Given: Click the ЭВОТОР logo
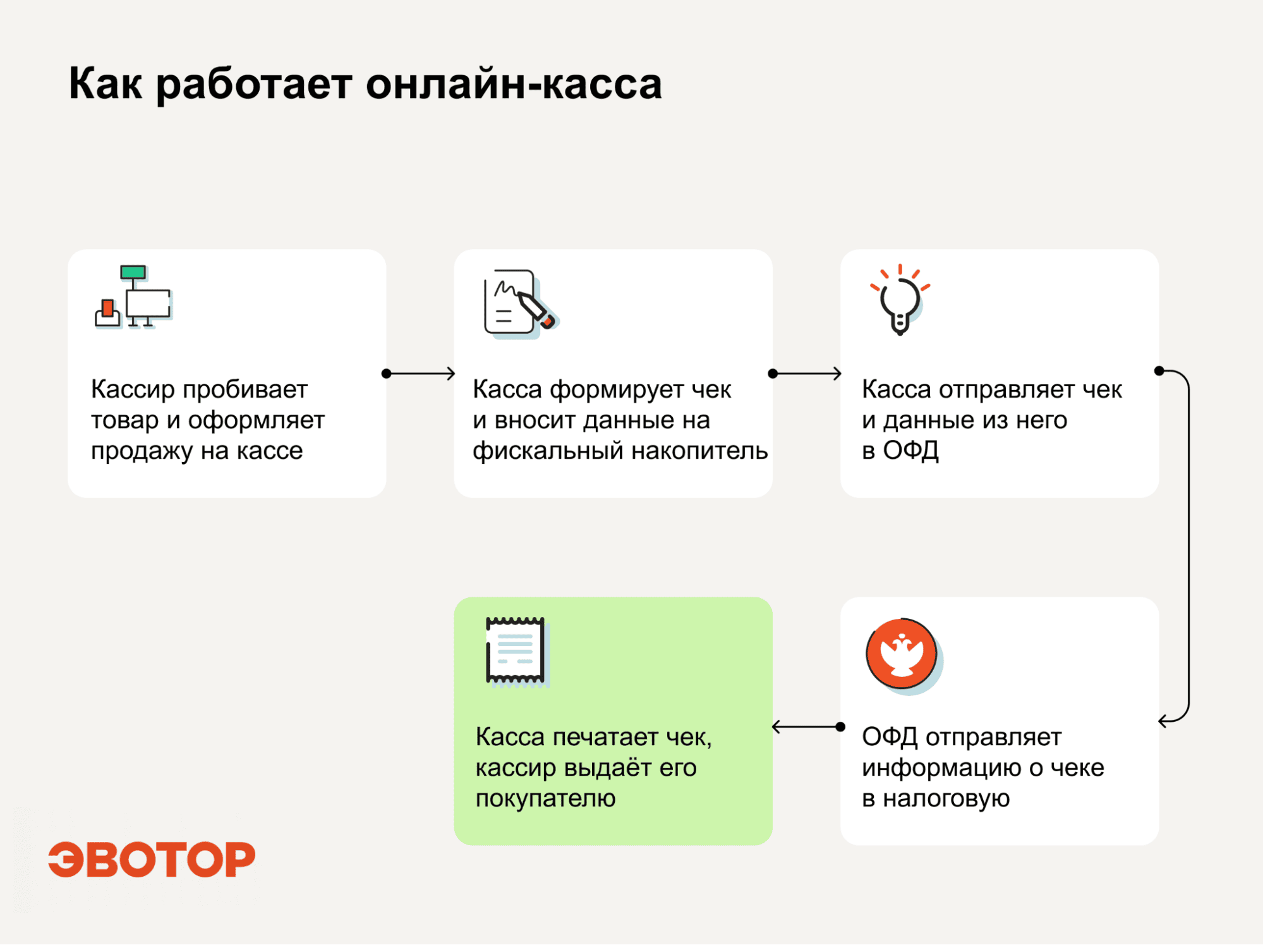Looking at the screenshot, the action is click(152, 859).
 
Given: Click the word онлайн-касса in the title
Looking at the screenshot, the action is click(514, 83).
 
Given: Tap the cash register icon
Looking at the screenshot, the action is click(133, 296).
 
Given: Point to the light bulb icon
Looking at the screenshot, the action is click(900, 300).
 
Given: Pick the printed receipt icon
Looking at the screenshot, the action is click(517, 652).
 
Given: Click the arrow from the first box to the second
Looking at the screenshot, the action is click(419, 374).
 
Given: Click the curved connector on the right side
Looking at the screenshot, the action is click(1188, 546).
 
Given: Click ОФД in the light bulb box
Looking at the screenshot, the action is click(910, 451).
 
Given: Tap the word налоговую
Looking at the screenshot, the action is click(946, 798).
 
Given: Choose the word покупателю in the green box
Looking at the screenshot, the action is click(545, 798).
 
